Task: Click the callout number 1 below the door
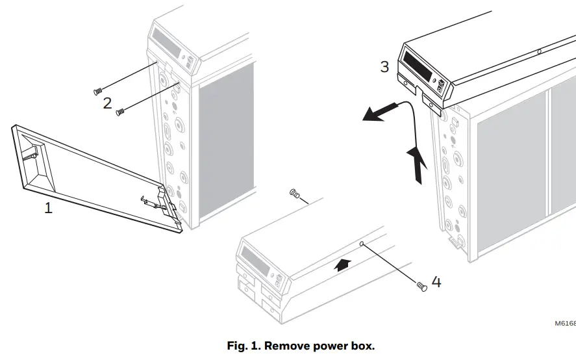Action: (x=48, y=209)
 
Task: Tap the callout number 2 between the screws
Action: (x=107, y=103)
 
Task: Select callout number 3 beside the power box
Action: (x=385, y=66)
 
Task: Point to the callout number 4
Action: (x=436, y=283)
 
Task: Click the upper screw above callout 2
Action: (x=99, y=91)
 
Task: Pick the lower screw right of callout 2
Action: (x=119, y=112)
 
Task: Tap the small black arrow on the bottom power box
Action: (x=344, y=263)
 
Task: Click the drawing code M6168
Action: (x=564, y=323)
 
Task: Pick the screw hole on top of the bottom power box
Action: (x=362, y=244)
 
